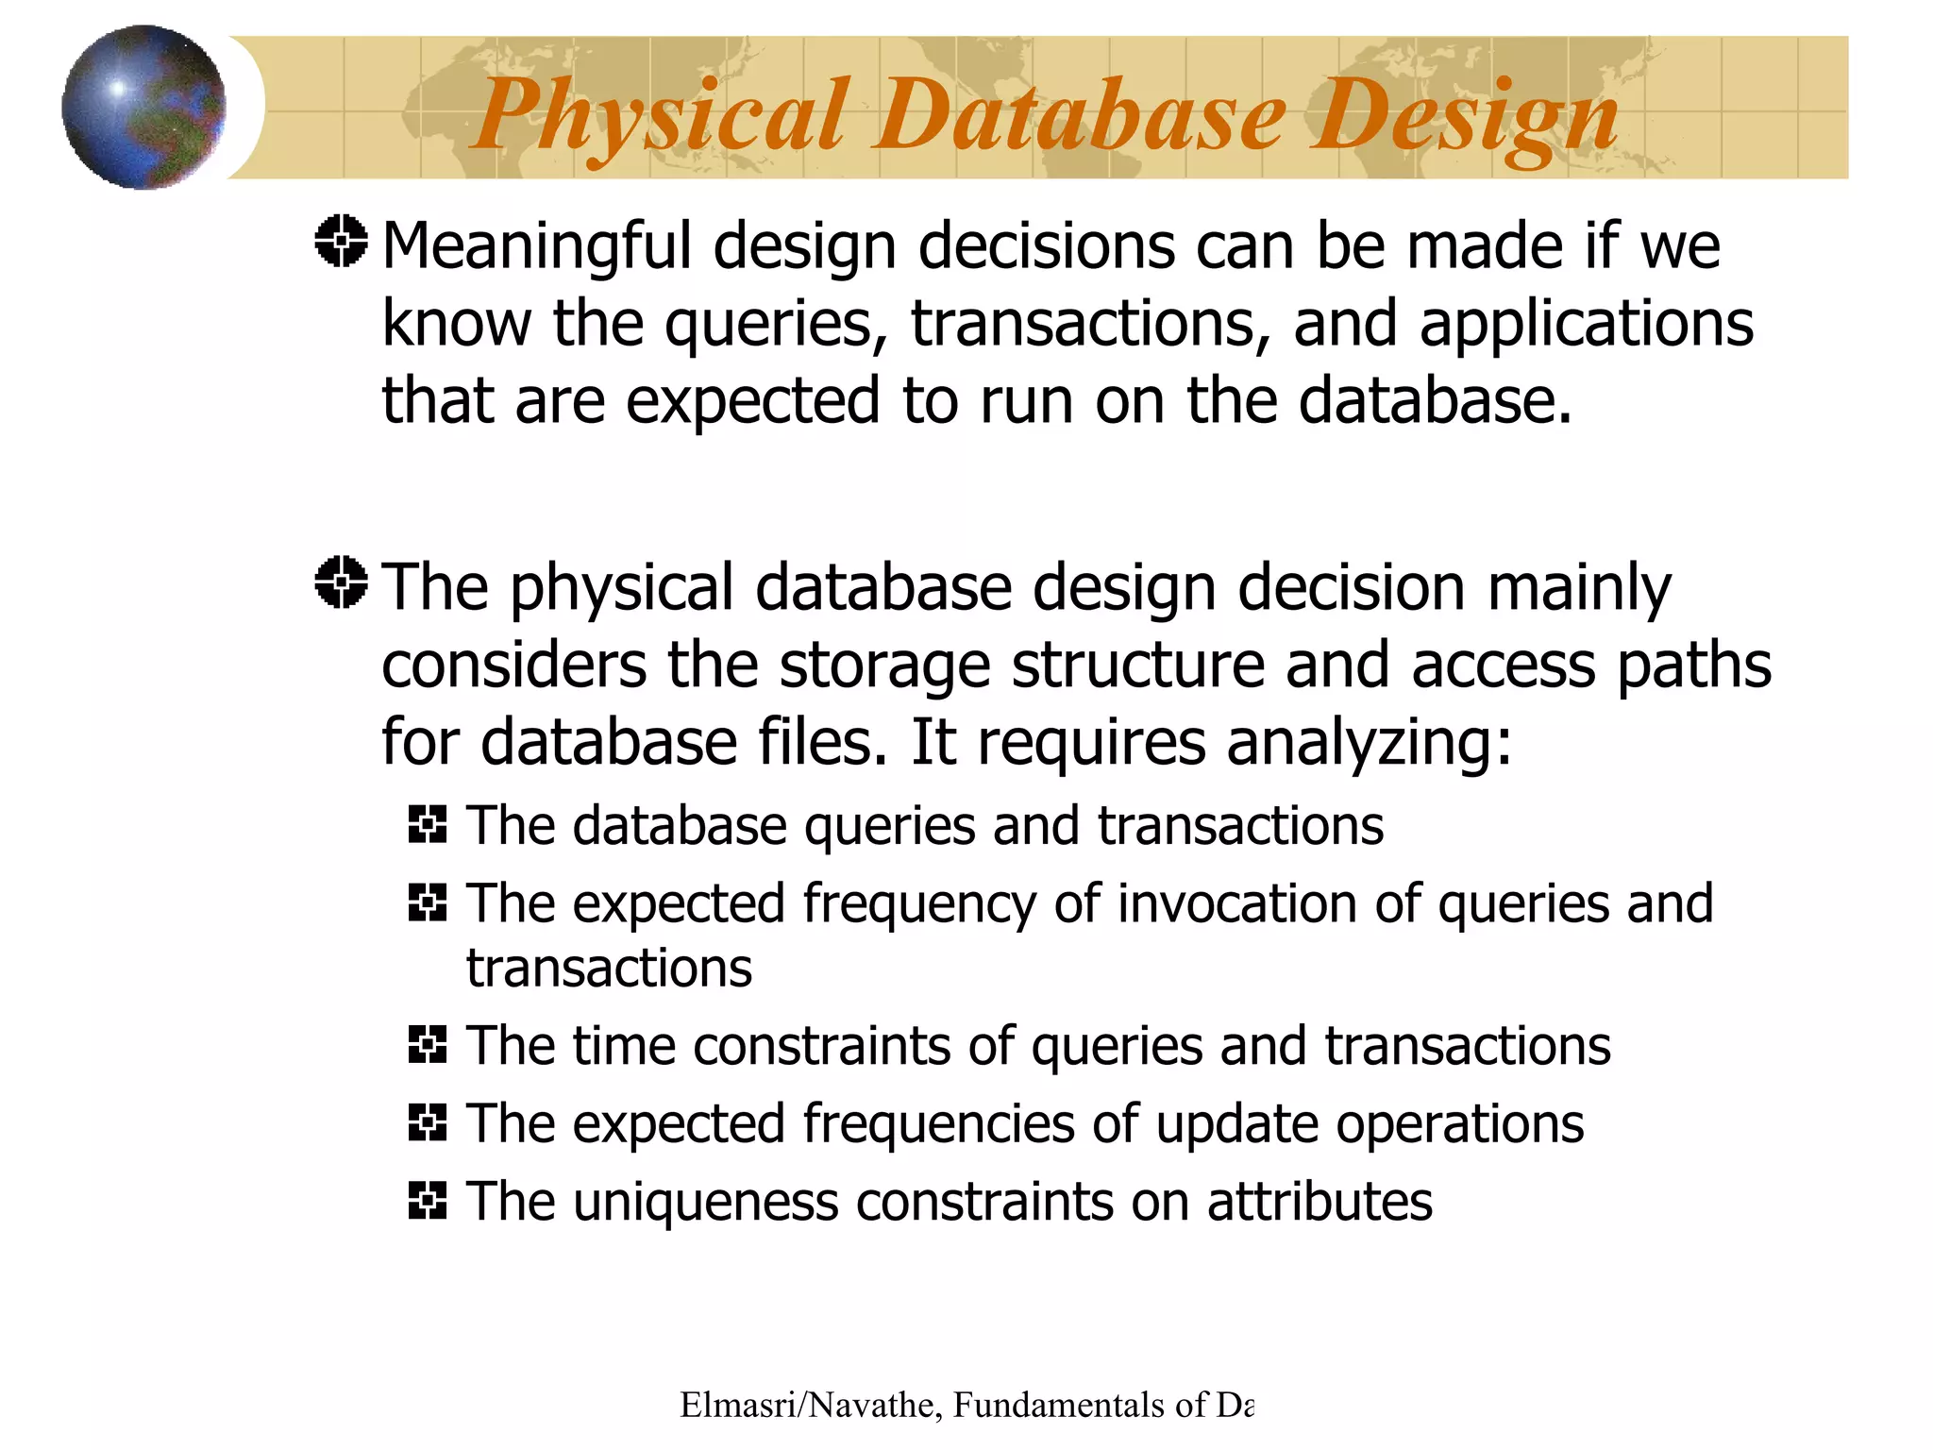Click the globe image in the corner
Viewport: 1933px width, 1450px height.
pos(143,107)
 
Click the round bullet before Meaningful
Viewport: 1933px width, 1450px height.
pos(341,242)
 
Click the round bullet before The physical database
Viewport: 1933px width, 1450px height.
pos(341,582)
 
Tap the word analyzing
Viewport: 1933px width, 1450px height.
pos(1369,744)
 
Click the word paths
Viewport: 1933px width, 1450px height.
pos(1694,666)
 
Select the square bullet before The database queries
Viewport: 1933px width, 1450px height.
pos(428,824)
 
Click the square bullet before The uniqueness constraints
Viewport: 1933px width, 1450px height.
pos(428,1201)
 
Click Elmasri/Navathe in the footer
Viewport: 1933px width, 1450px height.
pos(810,1406)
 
